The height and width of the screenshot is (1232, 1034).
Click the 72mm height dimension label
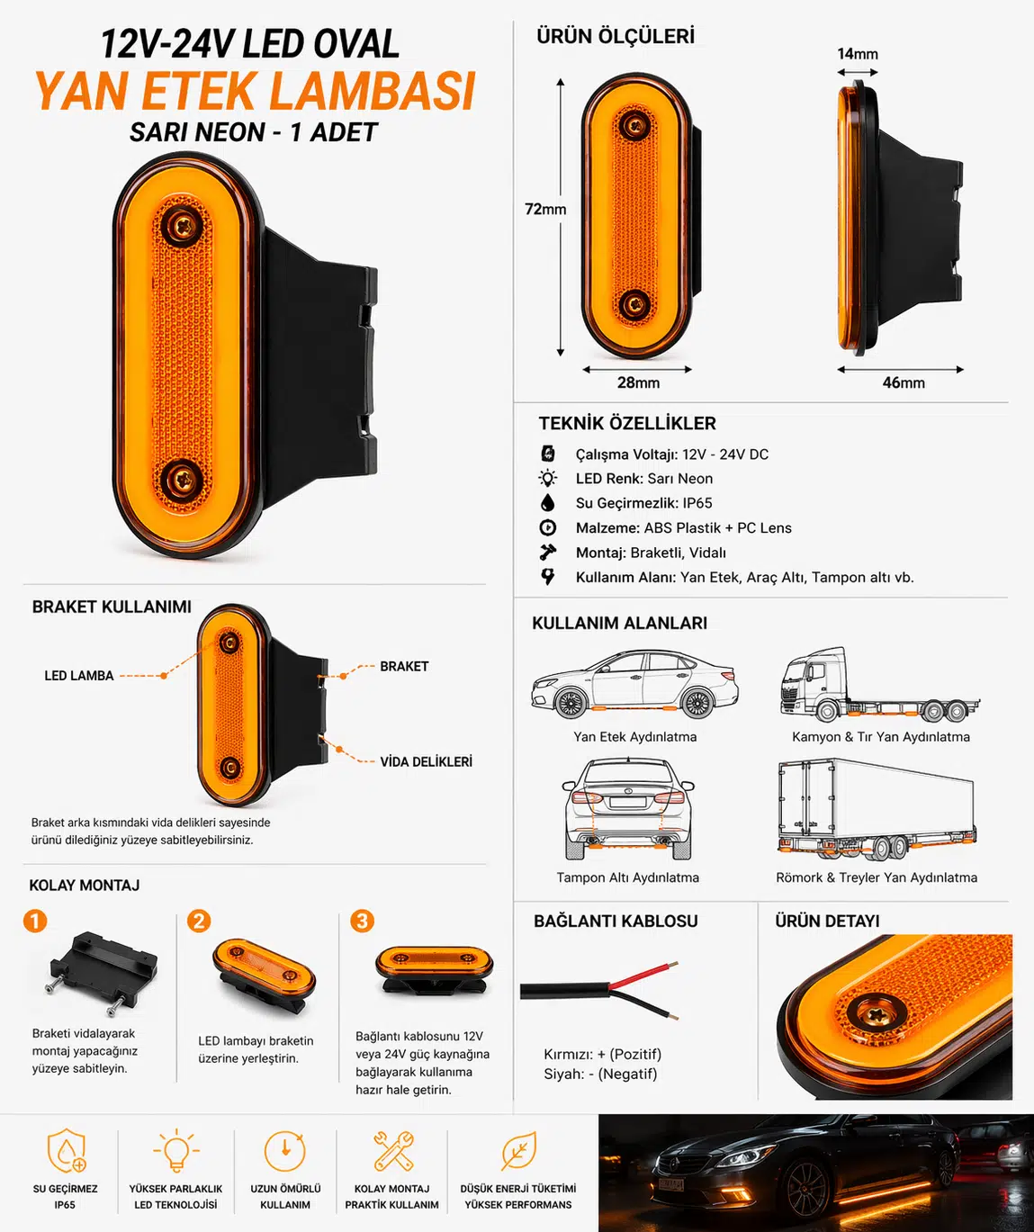(545, 209)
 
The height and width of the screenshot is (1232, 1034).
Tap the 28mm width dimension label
(638, 383)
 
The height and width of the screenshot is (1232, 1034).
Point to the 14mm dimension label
(858, 54)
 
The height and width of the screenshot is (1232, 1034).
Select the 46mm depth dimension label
(904, 383)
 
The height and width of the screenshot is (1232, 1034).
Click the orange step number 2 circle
(199, 921)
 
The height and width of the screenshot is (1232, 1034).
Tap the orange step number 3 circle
(362, 921)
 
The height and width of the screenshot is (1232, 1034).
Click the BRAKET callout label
(404, 667)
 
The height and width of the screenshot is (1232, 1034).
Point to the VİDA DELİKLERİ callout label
(427, 761)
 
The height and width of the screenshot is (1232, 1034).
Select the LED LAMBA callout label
(79, 676)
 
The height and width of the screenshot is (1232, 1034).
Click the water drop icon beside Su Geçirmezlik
(548, 503)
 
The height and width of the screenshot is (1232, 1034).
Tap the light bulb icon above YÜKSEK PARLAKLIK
(175, 1151)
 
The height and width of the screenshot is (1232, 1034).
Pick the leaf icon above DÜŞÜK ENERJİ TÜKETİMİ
(518, 1151)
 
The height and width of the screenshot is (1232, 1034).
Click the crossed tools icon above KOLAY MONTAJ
(393, 1151)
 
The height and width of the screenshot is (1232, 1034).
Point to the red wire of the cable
(644, 975)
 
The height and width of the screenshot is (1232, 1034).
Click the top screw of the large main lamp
(183, 224)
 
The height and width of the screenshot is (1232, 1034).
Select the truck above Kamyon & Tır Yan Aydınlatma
(880, 685)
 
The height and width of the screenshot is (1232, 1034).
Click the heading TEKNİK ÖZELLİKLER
(627, 424)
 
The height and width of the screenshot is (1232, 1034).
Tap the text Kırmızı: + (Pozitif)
(603, 1055)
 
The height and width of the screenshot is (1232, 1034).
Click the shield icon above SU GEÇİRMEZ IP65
(66, 1151)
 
